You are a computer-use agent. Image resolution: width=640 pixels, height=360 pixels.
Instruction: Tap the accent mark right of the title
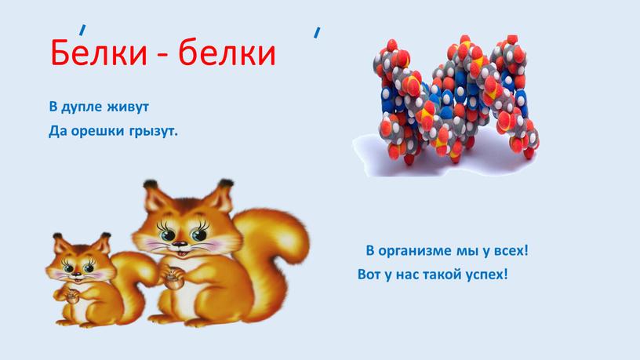(316, 32)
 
